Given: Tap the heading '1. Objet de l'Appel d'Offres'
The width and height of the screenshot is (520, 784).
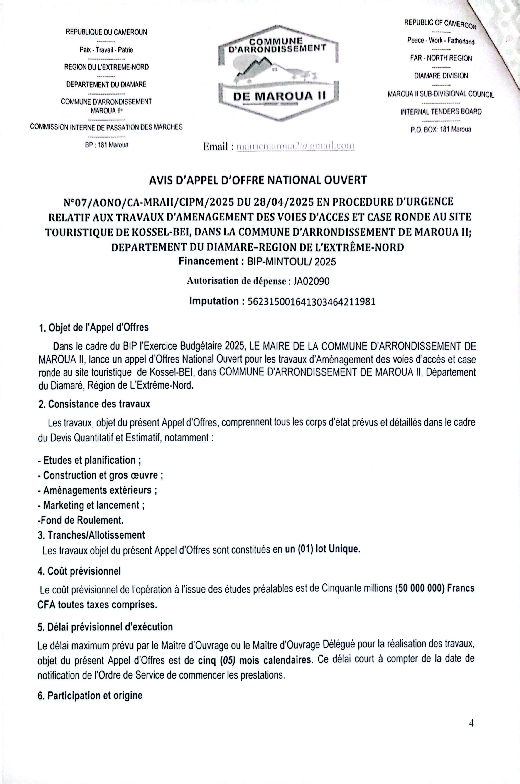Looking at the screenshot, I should [94, 328].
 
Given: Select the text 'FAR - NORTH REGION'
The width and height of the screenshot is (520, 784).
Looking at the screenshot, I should [441, 58].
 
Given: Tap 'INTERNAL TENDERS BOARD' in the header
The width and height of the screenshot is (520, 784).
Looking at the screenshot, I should [441, 112].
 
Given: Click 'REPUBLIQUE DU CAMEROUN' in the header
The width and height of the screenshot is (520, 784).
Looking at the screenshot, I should [106, 32].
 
